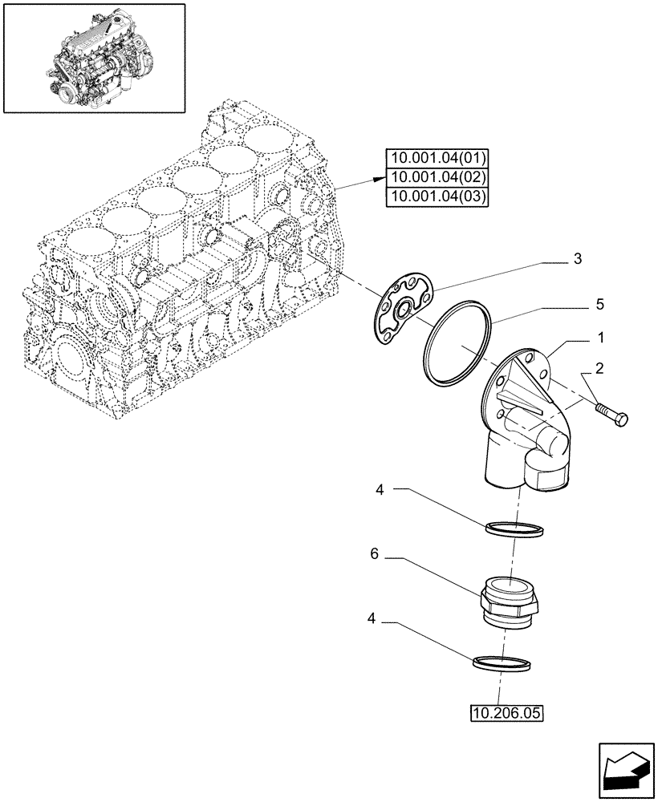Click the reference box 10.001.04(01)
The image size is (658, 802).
click(437, 157)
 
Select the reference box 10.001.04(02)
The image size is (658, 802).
click(437, 177)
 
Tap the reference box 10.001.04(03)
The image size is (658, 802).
click(437, 197)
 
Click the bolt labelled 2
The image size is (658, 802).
click(612, 415)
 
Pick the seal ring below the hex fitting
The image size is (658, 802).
click(503, 662)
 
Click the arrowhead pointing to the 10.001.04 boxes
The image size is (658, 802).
click(381, 176)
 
